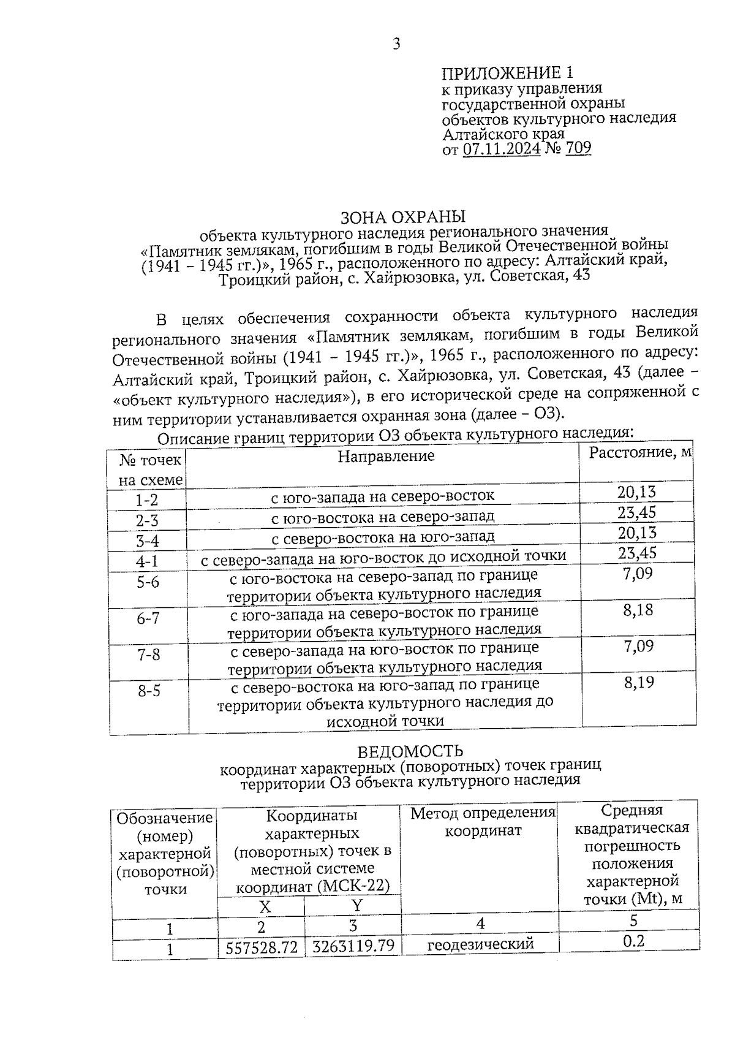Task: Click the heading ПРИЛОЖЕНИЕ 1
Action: [x=508, y=74]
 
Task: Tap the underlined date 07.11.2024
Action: [x=501, y=148]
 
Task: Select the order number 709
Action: [x=578, y=148]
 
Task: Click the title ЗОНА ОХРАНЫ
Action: [x=402, y=217]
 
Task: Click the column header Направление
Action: [x=386, y=455]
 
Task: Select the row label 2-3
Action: [x=147, y=521]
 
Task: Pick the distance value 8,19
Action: [x=639, y=682]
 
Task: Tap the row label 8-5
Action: [x=149, y=691]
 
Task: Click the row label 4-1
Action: [x=147, y=561]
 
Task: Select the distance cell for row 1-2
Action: [x=636, y=492]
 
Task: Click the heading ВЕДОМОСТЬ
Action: [x=410, y=751]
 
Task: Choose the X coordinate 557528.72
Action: [x=262, y=947]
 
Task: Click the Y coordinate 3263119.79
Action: [x=353, y=946]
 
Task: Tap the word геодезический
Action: [x=480, y=944]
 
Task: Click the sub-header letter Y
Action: [x=356, y=905]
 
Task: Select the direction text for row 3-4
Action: [x=382, y=537]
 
